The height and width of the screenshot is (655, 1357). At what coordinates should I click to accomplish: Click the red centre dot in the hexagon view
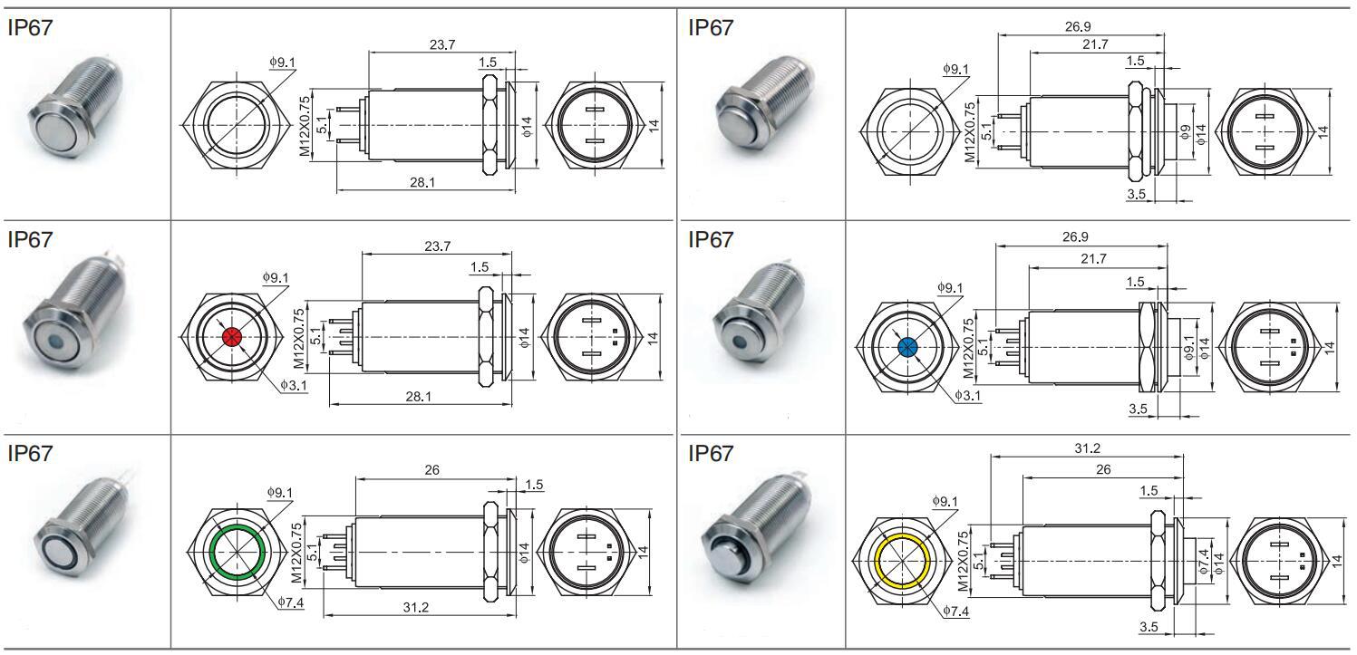233,337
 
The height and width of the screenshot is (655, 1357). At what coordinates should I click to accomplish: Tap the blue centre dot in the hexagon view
906,348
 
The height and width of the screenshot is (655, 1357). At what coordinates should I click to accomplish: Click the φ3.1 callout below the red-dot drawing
293,385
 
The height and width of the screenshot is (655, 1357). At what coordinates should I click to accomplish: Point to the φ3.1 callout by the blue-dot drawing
967,395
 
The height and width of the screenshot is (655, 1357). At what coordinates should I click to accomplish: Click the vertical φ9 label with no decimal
1186,131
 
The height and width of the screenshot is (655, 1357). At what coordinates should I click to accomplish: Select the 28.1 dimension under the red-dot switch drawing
418,397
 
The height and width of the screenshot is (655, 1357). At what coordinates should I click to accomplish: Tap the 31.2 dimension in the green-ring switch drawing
415,607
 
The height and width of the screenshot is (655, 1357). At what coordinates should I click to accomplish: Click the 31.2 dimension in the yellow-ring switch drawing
1087,448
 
